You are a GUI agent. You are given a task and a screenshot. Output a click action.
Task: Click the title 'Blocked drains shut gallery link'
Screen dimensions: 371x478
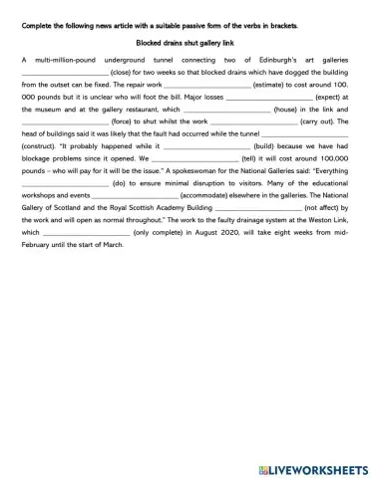[x=185, y=44]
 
